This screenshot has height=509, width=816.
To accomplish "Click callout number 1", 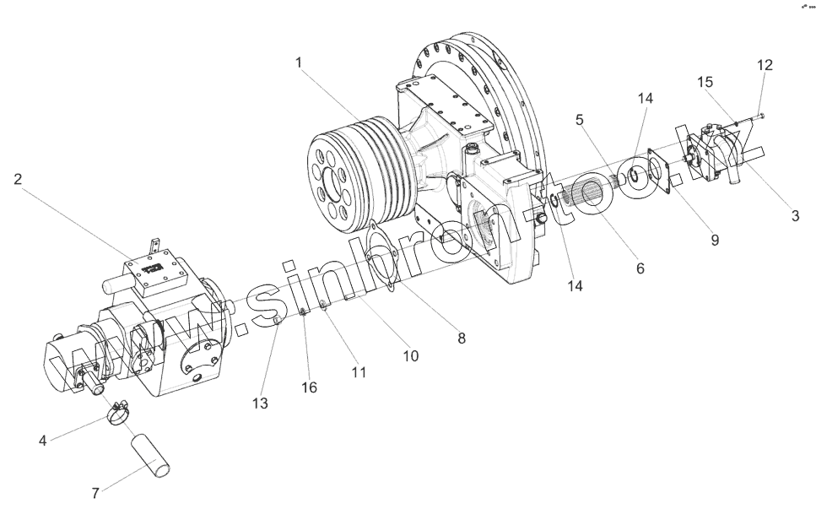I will click(x=299, y=63).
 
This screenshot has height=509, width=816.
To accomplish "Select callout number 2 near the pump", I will click(x=18, y=178).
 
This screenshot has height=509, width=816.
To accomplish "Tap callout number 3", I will click(x=795, y=215).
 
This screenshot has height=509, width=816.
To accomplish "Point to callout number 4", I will click(x=43, y=440).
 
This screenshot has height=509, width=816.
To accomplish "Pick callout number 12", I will click(x=764, y=65).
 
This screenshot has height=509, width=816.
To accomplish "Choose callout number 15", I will click(x=705, y=82).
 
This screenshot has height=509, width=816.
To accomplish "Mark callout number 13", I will click(x=260, y=403).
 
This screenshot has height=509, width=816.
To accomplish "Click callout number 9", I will click(x=714, y=240).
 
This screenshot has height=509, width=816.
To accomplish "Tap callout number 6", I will click(x=640, y=268).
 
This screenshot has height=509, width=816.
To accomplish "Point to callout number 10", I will click(x=410, y=356).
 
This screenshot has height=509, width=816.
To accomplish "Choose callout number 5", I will click(x=580, y=121).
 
